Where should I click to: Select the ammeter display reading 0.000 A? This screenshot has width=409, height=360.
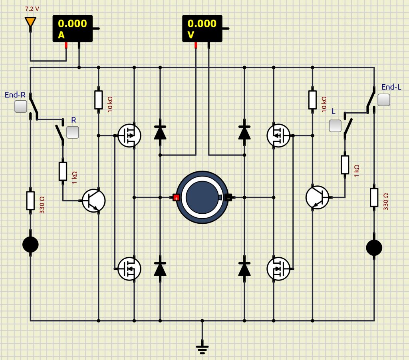[73, 28]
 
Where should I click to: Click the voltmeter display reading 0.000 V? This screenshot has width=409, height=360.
[202, 28]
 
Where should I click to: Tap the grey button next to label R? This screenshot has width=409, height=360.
[72, 132]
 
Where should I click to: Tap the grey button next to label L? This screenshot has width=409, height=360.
[335, 126]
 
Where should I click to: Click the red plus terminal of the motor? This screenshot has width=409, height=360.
[176, 197]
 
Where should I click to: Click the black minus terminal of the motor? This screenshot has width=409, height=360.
[228, 197]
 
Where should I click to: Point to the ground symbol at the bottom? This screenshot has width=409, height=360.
[203, 348]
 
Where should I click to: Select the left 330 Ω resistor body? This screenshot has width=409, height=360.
[30, 201]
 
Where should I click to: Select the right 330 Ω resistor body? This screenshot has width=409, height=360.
[374, 197]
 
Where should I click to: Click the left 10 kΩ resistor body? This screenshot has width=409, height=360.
[99, 100]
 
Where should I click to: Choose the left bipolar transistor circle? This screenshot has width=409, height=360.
[93, 201]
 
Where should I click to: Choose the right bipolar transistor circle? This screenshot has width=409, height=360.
[317, 197]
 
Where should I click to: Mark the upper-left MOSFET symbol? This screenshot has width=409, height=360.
[129, 135]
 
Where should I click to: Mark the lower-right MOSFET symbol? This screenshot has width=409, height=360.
[278, 268]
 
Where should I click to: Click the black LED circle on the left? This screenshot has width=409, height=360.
[30, 244]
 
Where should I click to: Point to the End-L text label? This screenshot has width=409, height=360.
[391, 87]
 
